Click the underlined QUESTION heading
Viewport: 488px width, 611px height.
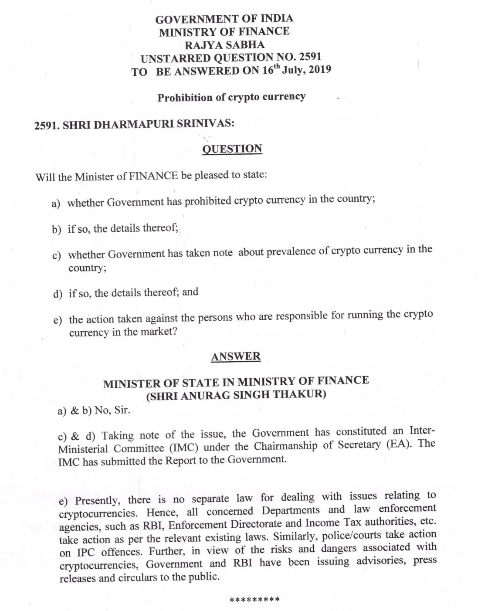click(232, 149)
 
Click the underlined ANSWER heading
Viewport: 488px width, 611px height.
click(236, 356)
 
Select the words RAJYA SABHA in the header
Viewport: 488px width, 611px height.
click(224, 44)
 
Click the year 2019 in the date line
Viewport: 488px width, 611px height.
click(319, 69)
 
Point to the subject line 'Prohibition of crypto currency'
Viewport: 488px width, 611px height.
click(231, 97)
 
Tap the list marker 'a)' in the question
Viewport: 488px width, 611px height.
click(56, 204)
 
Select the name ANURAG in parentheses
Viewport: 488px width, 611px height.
click(201, 395)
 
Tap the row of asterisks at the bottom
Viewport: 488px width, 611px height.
click(254, 599)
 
